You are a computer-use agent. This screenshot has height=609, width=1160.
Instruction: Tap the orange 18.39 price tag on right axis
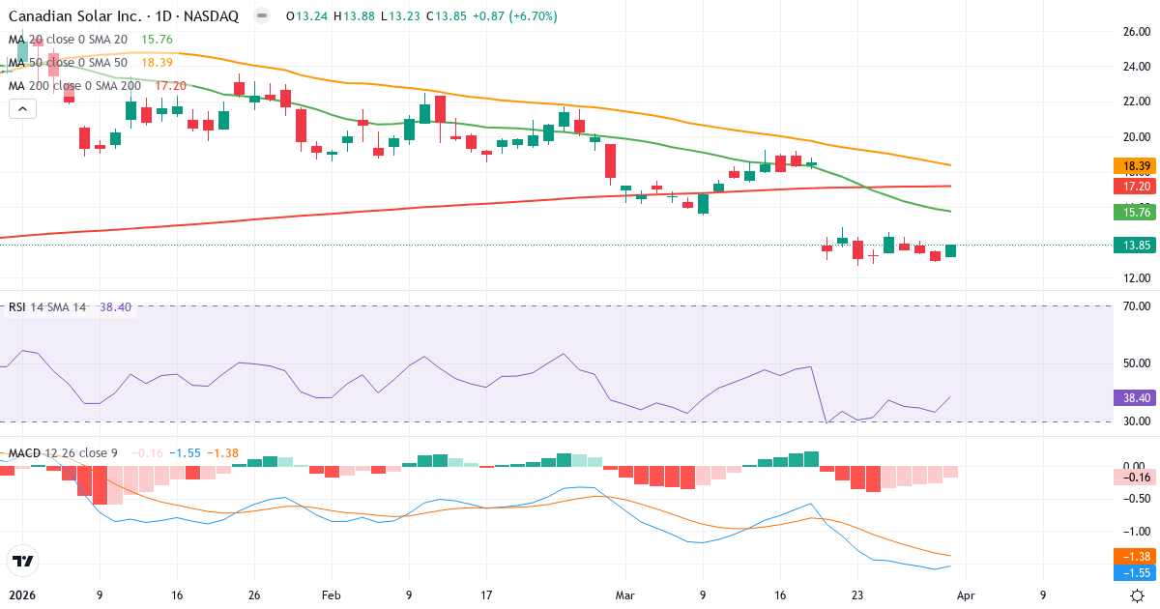[1136, 166]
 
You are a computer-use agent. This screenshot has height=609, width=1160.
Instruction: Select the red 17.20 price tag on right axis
[1136, 185]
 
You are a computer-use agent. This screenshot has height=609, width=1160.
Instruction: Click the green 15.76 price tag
[1136, 212]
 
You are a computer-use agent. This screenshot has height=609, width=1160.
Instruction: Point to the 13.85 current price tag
[1136, 246]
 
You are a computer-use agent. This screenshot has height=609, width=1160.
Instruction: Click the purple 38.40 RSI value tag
[1136, 397]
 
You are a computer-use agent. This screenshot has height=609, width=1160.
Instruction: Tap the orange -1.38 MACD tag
[1136, 556]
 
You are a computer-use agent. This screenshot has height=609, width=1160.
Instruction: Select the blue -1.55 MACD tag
[1136, 572]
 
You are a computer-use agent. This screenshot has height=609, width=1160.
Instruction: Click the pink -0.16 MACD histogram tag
[1136, 477]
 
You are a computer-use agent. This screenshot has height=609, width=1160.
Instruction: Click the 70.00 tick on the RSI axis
[1136, 306]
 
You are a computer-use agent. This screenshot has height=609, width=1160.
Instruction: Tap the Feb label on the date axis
[331, 595]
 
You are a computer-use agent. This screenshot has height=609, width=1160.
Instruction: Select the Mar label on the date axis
[625, 595]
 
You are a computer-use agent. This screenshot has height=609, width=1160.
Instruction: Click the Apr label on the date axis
[967, 595]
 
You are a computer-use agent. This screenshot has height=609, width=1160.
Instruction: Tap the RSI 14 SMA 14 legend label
[46, 306]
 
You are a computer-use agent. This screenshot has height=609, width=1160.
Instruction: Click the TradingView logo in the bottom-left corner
[22, 561]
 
